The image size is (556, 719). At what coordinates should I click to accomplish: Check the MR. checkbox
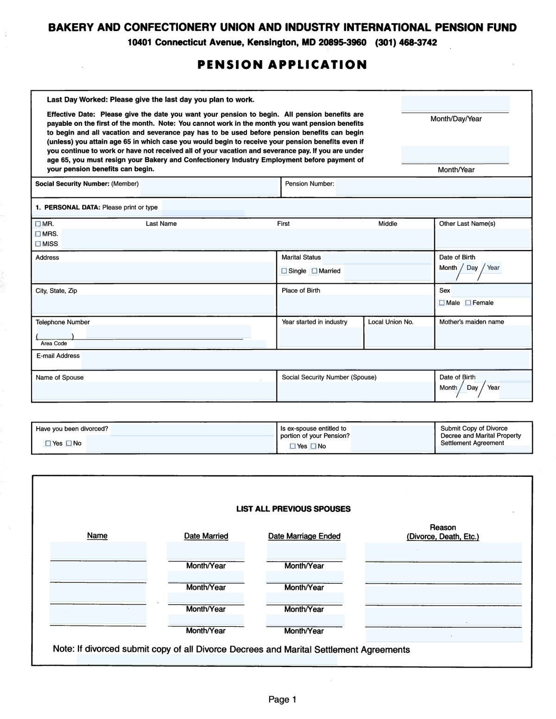coord(38,224)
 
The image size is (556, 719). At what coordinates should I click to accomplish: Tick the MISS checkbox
coord(38,244)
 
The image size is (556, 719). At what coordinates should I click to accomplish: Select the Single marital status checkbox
coord(284,271)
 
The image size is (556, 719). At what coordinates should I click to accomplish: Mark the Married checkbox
coord(315,271)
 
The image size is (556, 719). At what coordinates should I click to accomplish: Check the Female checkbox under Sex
coord(468,303)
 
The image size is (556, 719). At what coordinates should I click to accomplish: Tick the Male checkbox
coord(442,303)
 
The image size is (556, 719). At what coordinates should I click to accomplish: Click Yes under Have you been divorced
coord(48,444)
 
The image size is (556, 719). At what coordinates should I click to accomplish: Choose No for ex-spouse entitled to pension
coord(314,446)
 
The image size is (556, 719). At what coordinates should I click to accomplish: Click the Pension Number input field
coord(433,187)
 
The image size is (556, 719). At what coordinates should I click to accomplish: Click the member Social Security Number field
coord(208,187)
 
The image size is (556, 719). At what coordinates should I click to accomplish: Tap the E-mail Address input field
coord(305,360)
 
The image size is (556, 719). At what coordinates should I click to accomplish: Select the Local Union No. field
coord(399,338)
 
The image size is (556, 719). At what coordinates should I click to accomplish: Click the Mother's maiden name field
coord(483,338)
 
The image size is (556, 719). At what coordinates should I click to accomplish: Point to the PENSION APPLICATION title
coord(282,65)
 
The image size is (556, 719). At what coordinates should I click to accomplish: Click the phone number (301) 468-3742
coord(406,43)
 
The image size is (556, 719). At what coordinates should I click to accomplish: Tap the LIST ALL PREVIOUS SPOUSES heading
coord(293,509)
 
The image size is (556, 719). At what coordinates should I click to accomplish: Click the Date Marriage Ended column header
coord(304,536)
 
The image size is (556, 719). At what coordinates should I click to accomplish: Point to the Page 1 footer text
coord(282,700)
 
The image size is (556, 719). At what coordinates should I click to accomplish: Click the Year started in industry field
coord(320,338)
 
